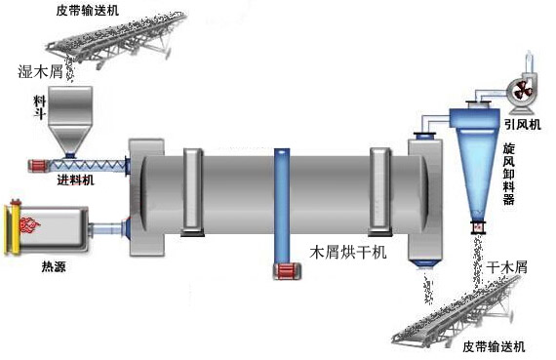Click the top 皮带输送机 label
pyautogui.click(x=96, y=11)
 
